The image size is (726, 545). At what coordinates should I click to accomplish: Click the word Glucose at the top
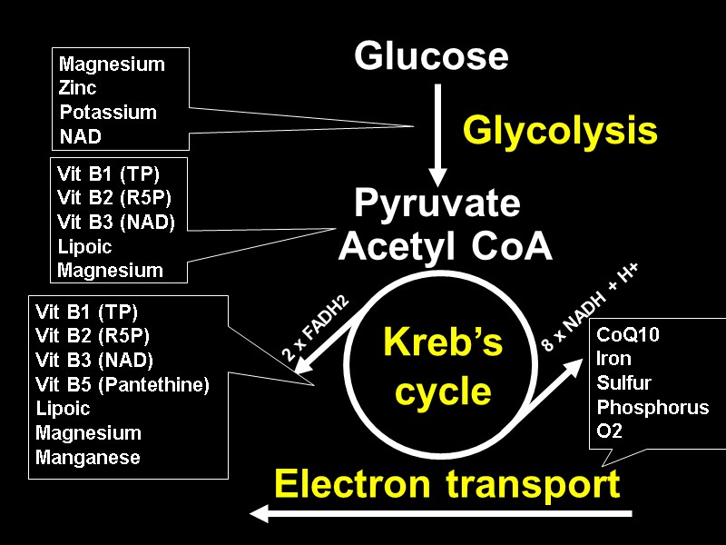(x=431, y=56)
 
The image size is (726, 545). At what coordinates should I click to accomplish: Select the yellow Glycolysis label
(x=560, y=132)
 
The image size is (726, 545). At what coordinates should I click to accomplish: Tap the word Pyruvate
(x=437, y=204)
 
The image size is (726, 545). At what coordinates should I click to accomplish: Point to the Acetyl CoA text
(x=445, y=246)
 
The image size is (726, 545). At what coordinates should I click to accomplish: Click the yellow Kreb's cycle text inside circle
(x=444, y=368)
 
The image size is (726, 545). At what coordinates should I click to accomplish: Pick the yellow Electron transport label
(x=446, y=484)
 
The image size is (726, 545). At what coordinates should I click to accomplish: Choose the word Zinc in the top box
(x=78, y=89)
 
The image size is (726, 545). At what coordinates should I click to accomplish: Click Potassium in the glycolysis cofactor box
(x=108, y=113)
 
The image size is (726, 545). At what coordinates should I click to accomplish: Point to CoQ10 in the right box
(x=628, y=334)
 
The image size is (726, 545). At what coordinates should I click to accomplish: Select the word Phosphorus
(x=652, y=407)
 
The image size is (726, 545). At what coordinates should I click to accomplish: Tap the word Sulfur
(x=623, y=382)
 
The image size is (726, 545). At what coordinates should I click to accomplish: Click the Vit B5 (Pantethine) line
(x=123, y=384)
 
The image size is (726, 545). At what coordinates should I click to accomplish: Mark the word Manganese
(x=88, y=458)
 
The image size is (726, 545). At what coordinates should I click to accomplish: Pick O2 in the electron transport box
(x=610, y=431)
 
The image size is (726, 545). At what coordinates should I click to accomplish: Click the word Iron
(x=613, y=359)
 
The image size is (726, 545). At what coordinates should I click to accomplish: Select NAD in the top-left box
(x=80, y=136)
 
